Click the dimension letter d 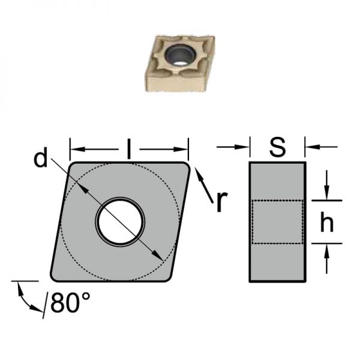click(41, 157)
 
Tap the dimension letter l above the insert click(129, 149)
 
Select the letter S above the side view click(278, 147)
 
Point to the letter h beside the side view click(327, 221)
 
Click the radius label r click(222, 202)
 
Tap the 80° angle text click(70, 302)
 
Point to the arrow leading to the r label click(204, 185)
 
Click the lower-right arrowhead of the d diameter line click(157, 256)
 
